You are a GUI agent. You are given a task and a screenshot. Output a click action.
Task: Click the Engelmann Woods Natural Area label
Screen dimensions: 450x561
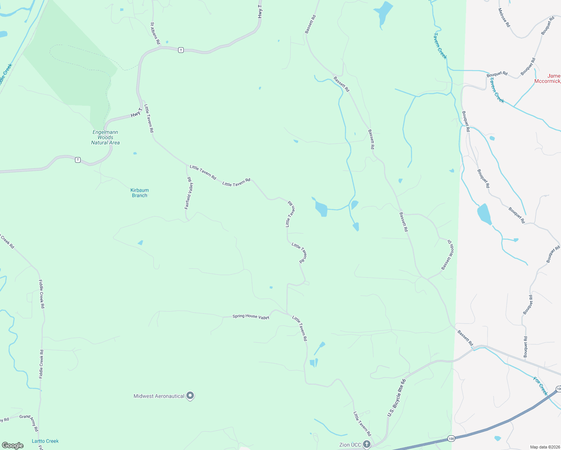pyautogui.click(x=105, y=137)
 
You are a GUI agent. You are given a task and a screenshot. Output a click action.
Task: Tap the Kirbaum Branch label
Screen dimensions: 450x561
pyautogui.click(x=139, y=193)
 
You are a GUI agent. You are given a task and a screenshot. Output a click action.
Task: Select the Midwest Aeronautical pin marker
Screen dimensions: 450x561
pyautogui.click(x=190, y=396)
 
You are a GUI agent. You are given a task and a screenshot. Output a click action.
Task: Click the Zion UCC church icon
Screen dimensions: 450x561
pyautogui.click(x=367, y=445)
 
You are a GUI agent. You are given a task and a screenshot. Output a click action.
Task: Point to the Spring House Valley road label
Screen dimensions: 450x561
pyautogui.click(x=251, y=316)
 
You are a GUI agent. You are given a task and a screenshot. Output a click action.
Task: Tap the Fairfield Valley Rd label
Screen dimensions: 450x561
pyautogui.click(x=189, y=193)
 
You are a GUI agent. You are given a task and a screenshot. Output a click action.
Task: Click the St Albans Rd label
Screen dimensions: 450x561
pyautogui.click(x=155, y=33)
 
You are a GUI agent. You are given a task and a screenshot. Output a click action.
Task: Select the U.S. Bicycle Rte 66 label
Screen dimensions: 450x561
pyautogui.click(x=396, y=397)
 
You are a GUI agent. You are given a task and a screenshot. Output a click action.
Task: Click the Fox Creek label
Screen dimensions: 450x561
pyautogui.click(x=541, y=386)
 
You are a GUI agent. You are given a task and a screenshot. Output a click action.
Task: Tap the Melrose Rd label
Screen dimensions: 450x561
pyautogui.click(x=504, y=18)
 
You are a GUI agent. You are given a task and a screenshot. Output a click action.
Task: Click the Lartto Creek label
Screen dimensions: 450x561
pyautogui.click(x=45, y=441)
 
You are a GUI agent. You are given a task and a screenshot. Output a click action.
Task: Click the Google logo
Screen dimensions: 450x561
pyautogui.click(x=13, y=445)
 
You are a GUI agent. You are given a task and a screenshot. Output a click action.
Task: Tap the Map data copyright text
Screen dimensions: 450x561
pyautogui.click(x=544, y=447)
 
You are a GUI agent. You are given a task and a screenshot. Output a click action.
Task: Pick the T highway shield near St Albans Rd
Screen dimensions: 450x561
pyautogui.click(x=181, y=50)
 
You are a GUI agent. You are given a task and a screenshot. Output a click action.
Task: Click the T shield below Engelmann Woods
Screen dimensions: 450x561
pyautogui.click(x=78, y=160)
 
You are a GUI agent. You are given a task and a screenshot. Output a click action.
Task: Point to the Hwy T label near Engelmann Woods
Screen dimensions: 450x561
pyautogui.click(x=136, y=112)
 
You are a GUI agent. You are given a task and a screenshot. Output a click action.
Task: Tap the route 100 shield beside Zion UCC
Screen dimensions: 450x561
pyautogui.click(x=451, y=438)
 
